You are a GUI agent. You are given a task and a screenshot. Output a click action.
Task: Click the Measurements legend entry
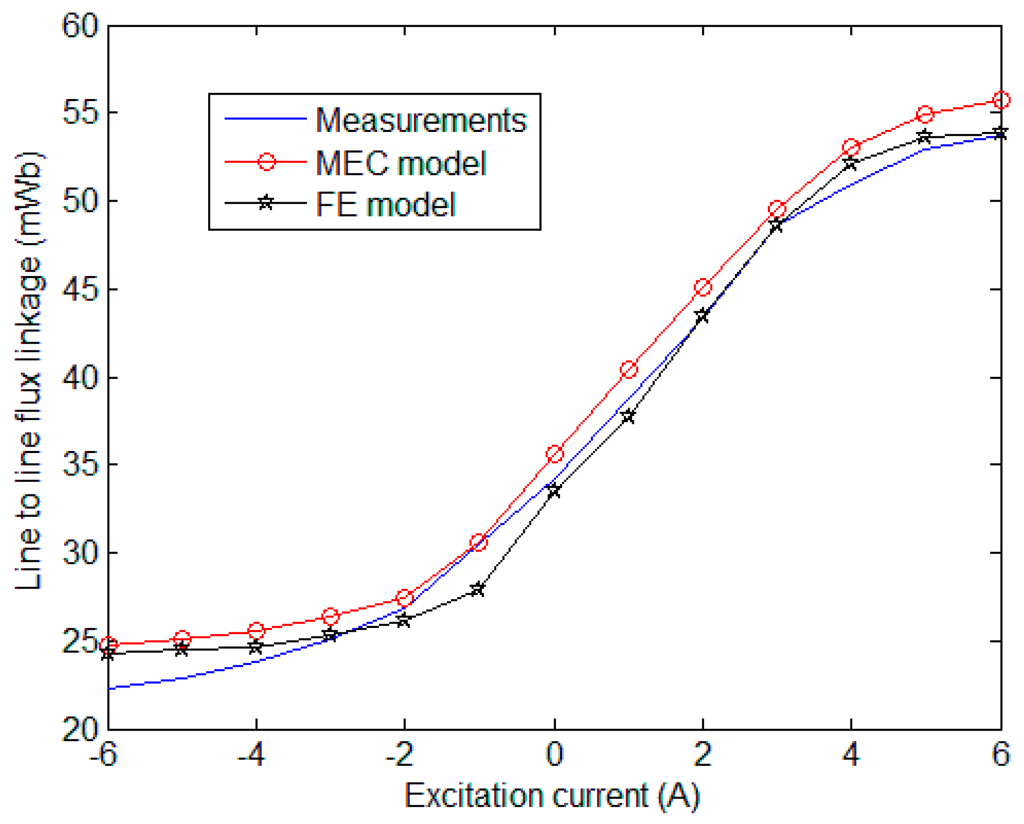[421, 120]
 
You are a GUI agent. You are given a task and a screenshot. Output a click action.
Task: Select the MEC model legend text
[401, 163]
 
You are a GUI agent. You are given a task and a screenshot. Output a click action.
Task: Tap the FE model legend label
[385, 205]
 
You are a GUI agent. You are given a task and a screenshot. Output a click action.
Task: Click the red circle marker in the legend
[266, 162]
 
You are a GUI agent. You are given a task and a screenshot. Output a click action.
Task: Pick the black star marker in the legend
[266, 203]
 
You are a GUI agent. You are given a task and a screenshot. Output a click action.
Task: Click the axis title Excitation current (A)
[552, 796]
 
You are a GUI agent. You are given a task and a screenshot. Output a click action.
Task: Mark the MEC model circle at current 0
[555, 454]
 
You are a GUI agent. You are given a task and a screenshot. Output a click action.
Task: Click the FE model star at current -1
[478, 589]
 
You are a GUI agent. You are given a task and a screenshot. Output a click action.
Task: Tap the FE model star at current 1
[628, 416]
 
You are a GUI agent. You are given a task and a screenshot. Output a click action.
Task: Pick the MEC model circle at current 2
[703, 287]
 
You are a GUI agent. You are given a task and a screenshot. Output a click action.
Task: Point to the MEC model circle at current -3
[330, 617]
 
